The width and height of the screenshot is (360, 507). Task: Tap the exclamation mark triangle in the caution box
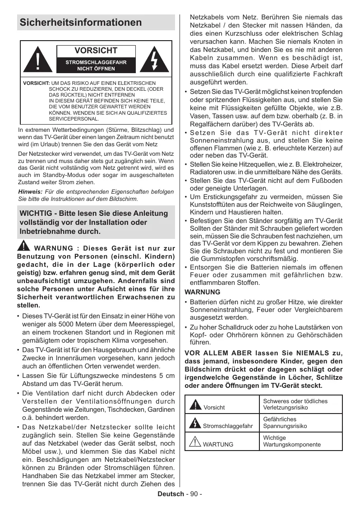click(38, 60)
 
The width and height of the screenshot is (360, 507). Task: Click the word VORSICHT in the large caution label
click(96, 51)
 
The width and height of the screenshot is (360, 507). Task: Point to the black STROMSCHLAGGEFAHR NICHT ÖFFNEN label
click(96, 65)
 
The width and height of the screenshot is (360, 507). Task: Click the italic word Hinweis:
click(30, 192)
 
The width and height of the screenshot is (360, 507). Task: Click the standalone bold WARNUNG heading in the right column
click(203, 292)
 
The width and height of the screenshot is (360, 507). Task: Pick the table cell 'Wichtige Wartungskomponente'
click(292, 441)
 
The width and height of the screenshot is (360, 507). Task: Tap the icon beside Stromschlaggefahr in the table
click(195, 423)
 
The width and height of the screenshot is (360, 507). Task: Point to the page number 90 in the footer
click(194, 494)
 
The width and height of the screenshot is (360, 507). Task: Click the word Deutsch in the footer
click(171, 494)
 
